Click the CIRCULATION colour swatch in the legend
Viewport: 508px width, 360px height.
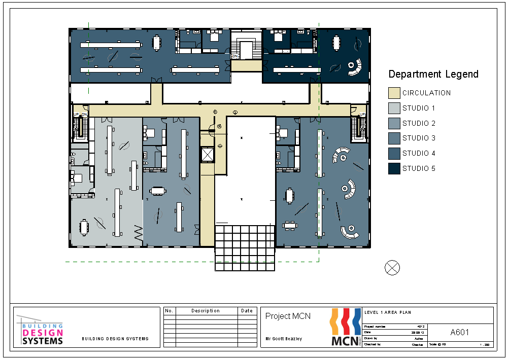coord(394,93)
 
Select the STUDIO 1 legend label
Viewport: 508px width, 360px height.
coord(419,108)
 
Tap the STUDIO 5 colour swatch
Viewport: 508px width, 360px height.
coord(394,168)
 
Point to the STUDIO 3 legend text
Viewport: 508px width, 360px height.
coord(419,138)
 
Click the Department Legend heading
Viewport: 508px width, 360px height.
coord(433,74)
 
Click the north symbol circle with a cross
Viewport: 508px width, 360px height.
coord(392,268)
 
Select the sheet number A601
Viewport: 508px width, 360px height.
coord(459,333)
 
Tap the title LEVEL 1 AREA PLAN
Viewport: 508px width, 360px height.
coord(388,312)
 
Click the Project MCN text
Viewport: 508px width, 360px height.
coord(288,316)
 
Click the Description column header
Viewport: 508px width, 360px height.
coord(206,311)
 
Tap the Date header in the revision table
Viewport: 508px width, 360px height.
coord(247,311)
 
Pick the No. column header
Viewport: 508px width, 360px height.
coord(170,311)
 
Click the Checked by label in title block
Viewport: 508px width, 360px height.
coord(372,344)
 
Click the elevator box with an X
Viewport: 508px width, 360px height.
coord(208,155)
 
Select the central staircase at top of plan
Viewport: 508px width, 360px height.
coord(246,50)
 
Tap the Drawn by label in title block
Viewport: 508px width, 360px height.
coord(371,338)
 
